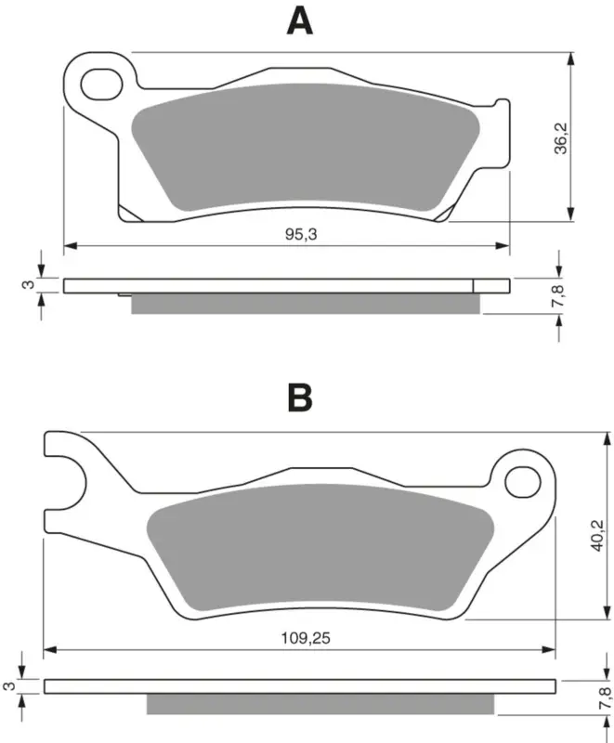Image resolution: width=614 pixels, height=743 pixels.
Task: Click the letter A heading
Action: point(299,21)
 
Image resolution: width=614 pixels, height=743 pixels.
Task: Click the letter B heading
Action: point(300,398)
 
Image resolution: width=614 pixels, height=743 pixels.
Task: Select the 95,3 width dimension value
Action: point(301,234)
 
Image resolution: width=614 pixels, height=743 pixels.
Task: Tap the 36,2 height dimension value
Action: point(561,137)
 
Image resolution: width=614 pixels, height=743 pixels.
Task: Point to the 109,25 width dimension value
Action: point(306,638)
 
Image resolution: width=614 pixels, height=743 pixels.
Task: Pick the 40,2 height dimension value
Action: point(597,535)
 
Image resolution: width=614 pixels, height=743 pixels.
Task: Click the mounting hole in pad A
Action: point(102,85)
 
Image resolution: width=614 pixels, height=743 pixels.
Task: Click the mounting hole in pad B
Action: point(523,482)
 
